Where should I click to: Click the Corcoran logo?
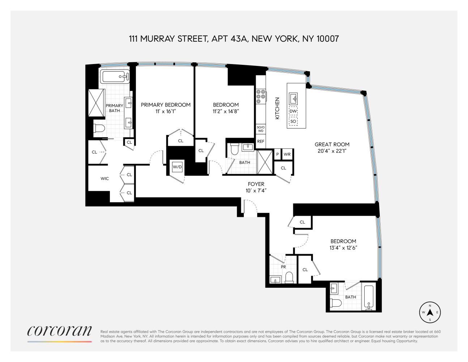pyautogui.click(x=60, y=331)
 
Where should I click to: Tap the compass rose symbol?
pyautogui.click(x=430, y=312)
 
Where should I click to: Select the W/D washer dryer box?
pyautogui.click(x=177, y=167)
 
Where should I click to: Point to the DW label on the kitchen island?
pyautogui.click(x=293, y=111)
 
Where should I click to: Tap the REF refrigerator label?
pyautogui.click(x=261, y=142)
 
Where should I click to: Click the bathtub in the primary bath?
pyautogui.click(x=115, y=76)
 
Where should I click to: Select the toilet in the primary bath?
pyautogui.click(x=99, y=128)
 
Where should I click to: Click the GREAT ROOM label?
pyautogui.click(x=332, y=144)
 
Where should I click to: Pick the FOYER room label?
pyautogui.click(x=256, y=184)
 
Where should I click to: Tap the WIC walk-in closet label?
pyautogui.click(x=105, y=178)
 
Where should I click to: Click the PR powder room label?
pyautogui.click(x=284, y=267)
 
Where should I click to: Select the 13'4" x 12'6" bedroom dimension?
pyautogui.click(x=343, y=248)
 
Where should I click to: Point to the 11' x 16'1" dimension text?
pyautogui.click(x=166, y=111)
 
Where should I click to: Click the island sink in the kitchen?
pyautogui.click(x=293, y=98)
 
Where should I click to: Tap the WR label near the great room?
pyautogui.click(x=287, y=154)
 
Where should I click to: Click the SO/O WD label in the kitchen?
pyautogui.click(x=261, y=129)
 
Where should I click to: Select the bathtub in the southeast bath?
pyautogui.click(x=369, y=297)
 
